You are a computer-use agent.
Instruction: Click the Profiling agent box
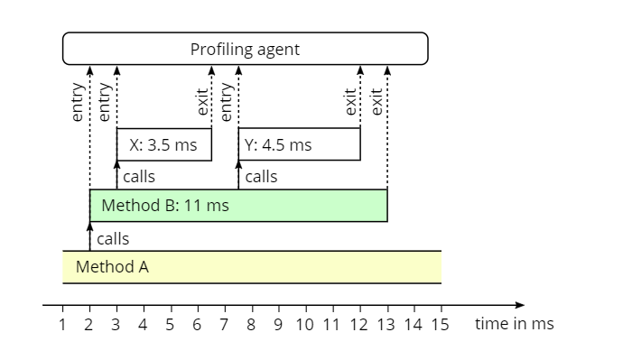tap(245, 49)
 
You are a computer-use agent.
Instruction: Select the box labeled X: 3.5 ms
tap(163, 144)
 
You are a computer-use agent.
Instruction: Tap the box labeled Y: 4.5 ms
tap(299, 144)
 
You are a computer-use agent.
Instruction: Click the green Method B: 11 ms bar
tap(238, 206)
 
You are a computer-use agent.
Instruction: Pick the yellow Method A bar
tap(251, 267)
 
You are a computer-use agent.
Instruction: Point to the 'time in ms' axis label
tap(514, 324)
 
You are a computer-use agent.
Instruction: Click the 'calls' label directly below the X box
tap(139, 177)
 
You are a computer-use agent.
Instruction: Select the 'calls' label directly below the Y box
tap(261, 177)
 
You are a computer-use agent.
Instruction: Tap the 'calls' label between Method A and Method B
tap(112, 239)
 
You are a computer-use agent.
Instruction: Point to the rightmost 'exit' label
tap(377, 99)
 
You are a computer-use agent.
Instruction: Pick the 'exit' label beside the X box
tap(203, 101)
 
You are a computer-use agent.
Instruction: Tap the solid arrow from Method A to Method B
tap(89, 238)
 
